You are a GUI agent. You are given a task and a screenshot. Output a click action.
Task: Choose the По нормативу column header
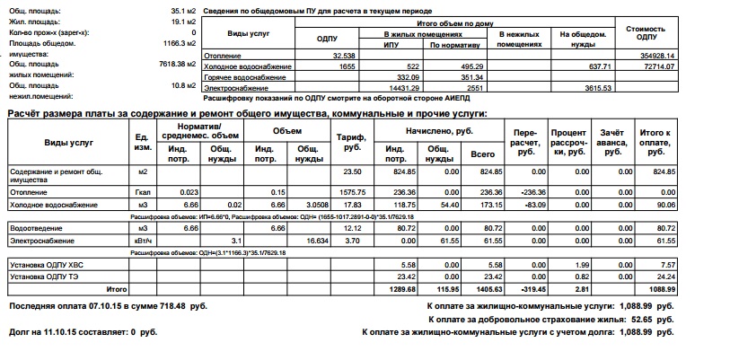tap(451, 43)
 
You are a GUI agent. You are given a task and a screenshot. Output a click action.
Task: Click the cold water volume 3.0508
tap(307, 205)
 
